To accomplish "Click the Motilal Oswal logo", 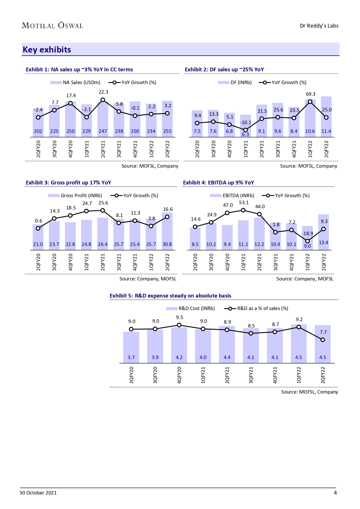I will pyautogui.click(x=53, y=26).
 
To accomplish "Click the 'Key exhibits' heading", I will pyautogui.click(x=47, y=50).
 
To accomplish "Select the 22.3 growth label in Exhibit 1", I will pyautogui.click(x=103, y=92).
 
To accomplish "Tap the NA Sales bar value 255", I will pyautogui.click(x=167, y=131).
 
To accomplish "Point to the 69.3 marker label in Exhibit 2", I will pyautogui.click(x=310, y=94).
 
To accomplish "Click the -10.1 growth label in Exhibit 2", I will pyautogui.click(x=245, y=122).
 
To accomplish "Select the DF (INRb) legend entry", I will pyautogui.click(x=235, y=82).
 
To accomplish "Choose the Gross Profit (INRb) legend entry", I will pyautogui.click(x=75, y=195).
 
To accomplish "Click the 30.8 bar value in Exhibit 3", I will pyautogui.click(x=167, y=244).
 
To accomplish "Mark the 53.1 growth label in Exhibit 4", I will pyautogui.click(x=244, y=202).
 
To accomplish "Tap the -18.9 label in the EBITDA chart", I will pyautogui.click(x=307, y=233).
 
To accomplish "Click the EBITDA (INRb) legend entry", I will pyautogui.click(x=232, y=195).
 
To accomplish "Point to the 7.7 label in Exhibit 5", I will pyautogui.click(x=323, y=332).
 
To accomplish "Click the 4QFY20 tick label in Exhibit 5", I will pyautogui.click(x=179, y=375).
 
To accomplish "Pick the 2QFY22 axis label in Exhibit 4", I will pyautogui.click(x=324, y=262).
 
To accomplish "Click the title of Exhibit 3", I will pyautogui.click(x=68, y=182).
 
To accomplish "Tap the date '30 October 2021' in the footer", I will pyautogui.click(x=38, y=493).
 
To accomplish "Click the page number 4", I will pyautogui.click(x=335, y=493).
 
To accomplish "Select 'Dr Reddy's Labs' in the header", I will pyautogui.click(x=319, y=26).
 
